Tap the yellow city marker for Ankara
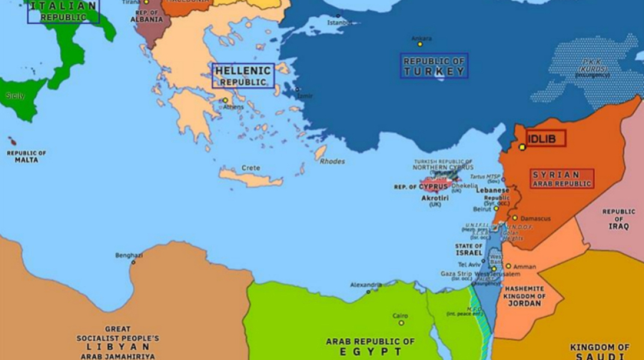[420, 44]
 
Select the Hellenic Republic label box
[243, 76]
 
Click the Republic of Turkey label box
[434, 66]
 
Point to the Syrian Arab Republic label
[562, 179]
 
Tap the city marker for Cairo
[401, 323]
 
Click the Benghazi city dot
[133, 262]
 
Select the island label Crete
[251, 168]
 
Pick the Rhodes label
[332, 161]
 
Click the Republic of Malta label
[26, 156]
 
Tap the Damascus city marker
[514, 218]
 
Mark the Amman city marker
[508, 266]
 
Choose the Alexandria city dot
[368, 292]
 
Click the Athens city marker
[225, 100]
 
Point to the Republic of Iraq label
[619, 219]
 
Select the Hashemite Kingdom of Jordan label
[525, 296]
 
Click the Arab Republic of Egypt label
[370, 346]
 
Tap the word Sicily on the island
[15, 95]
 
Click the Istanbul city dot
[338, 16]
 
